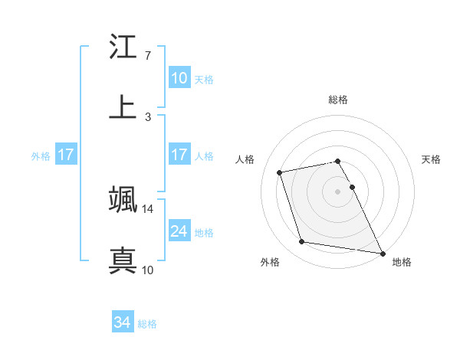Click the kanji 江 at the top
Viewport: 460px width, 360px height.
[x=123, y=47]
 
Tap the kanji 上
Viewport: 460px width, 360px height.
[x=123, y=106]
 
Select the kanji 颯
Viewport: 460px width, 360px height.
[x=123, y=200]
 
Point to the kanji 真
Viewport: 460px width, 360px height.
[x=123, y=259]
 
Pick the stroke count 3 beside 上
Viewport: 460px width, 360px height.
[x=147, y=116]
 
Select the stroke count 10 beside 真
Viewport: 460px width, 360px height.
[x=148, y=269]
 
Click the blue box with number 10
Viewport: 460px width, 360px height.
[x=179, y=78]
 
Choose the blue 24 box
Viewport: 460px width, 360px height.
[x=179, y=231]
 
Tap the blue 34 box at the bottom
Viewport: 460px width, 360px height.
[x=123, y=322]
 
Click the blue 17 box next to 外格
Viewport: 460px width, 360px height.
[x=66, y=155]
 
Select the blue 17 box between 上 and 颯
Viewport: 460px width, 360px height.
[x=179, y=155]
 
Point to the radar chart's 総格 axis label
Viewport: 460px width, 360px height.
[x=338, y=100]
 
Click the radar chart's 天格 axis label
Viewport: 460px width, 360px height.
[x=432, y=159]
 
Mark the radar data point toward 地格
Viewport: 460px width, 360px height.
[x=382, y=252]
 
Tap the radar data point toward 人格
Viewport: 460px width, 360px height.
[x=280, y=172]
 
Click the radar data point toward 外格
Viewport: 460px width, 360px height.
[x=301, y=242]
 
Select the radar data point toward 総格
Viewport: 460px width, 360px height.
[x=338, y=161]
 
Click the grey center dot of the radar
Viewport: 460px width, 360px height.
[x=338, y=191]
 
